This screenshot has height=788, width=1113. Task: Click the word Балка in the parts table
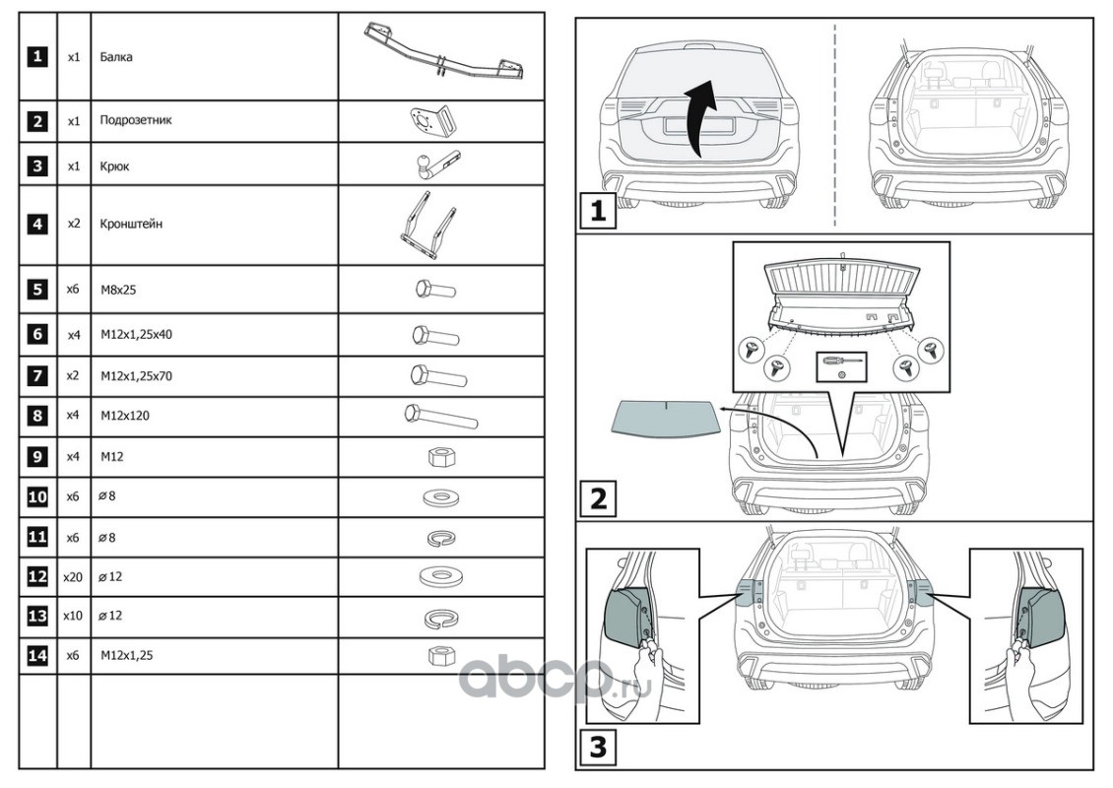click(x=116, y=57)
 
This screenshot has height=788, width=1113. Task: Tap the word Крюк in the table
click(x=114, y=166)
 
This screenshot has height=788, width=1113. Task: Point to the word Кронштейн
click(x=131, y=224)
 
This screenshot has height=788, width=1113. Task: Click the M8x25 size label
click(x=116, y=290)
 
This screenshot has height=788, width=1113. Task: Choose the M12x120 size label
click(x=124, y=416)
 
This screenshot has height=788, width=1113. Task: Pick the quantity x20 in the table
click(x=73, y=576)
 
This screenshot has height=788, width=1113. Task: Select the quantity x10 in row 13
click(x=73, y=616)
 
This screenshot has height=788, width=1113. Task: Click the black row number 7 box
click(x=37, y=375)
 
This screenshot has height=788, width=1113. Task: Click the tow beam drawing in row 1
click(x=442, y=53)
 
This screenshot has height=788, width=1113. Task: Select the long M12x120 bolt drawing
click(x=440, y=416)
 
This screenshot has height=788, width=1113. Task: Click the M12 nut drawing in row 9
click(x=440, y=457)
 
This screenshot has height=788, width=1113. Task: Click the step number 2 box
click(x=597, y=498)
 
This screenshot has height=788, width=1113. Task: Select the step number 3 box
click(x=597, y=746)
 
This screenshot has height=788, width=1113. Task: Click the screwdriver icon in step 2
click(x=842, y=362)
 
